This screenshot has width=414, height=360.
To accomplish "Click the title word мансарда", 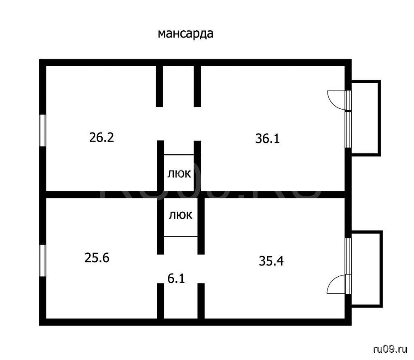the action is point(185,34).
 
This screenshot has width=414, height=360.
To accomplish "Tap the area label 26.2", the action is point(101,137).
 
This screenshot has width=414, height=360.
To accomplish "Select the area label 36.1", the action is point(267,139).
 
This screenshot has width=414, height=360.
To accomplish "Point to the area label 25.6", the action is point(97,258).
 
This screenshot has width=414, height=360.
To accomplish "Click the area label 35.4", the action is point(271,261).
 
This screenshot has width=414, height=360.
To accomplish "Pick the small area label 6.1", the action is point(176,278).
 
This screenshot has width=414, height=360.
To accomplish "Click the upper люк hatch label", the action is point(179,174).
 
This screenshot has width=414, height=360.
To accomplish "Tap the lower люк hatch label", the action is point(181,215).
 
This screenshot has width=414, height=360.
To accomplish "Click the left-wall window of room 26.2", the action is point(42,130).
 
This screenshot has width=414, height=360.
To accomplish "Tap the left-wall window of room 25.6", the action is point(42,261).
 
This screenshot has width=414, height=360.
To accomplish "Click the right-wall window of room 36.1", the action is point(348,130).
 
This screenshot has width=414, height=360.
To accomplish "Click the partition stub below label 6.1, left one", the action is point(161,301).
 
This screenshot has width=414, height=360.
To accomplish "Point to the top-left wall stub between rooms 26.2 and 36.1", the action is point(159,86).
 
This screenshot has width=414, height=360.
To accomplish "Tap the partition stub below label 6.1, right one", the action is point(201,301).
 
